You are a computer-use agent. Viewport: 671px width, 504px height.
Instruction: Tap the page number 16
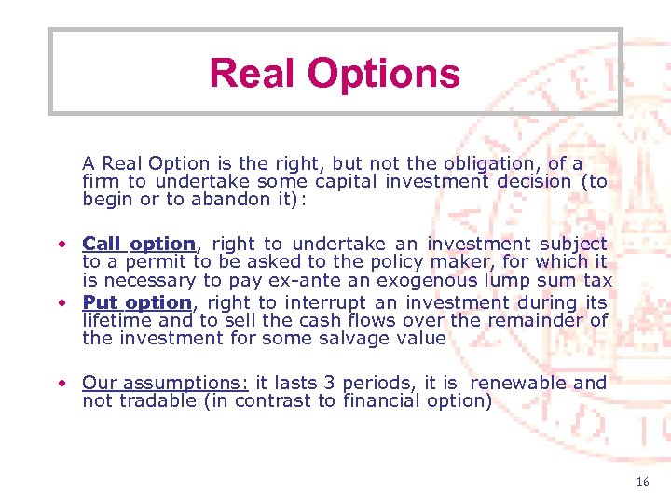pos(642,483)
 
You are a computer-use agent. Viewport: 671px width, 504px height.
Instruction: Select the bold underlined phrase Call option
pos(139,244)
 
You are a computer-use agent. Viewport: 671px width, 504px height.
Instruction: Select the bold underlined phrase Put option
pos(137,302)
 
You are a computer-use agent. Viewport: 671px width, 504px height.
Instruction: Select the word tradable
pos(158,401)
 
